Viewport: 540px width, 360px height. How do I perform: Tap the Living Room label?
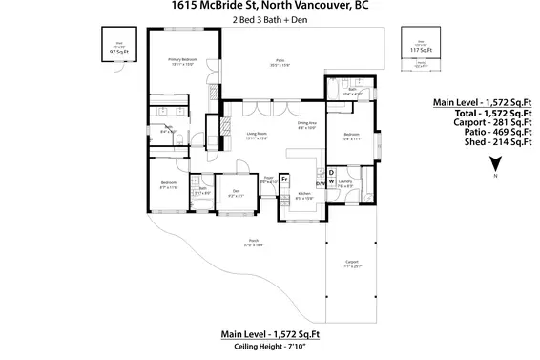(x=257, y=136)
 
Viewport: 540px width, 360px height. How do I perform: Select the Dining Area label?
(x=306, y=125)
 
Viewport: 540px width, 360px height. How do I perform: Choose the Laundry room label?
(x=345, y=183)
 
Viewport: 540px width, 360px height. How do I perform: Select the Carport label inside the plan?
(x=352, y=264)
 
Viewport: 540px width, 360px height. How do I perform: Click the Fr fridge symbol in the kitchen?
(x=285, y=180)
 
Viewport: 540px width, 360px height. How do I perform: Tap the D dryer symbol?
(x=331, y=171)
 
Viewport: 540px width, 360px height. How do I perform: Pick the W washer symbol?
(x=331, y=180)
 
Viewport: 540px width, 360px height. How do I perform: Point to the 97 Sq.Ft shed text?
(x=117, y=52)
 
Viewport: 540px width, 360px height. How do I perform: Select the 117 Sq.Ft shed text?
(x=416, y=49)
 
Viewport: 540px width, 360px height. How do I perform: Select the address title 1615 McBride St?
(x=270, y=6)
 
